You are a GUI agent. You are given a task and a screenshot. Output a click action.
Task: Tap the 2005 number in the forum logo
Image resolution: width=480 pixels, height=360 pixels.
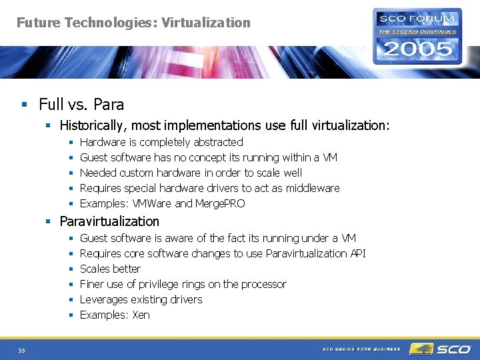tap(417, 49)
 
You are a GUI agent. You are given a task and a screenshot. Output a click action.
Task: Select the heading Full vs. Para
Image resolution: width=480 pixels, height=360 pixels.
tap(81, 105)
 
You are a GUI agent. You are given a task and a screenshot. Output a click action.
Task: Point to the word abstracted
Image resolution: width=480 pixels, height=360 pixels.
tap(218, 142)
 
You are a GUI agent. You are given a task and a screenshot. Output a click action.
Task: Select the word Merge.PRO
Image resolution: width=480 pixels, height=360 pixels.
tap(220, 203)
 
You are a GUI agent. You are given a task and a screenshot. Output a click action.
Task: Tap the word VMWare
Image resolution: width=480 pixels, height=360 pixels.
tap(152, 203)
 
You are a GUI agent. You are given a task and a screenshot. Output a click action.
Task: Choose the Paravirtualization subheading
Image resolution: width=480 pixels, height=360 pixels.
tap(109, 221)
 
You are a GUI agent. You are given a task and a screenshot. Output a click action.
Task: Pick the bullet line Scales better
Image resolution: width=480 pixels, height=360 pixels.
tap(110, 269)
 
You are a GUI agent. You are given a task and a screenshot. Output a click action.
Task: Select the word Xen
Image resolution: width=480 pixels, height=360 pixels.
tap(141, 315)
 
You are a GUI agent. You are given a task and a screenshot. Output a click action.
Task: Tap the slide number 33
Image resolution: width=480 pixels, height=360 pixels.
tap(21, 351)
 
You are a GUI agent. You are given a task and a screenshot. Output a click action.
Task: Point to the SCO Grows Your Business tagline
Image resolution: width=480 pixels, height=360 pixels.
tap(361, 349)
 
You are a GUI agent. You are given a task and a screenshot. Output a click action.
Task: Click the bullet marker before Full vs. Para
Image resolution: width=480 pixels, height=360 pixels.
tap(23, 105)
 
